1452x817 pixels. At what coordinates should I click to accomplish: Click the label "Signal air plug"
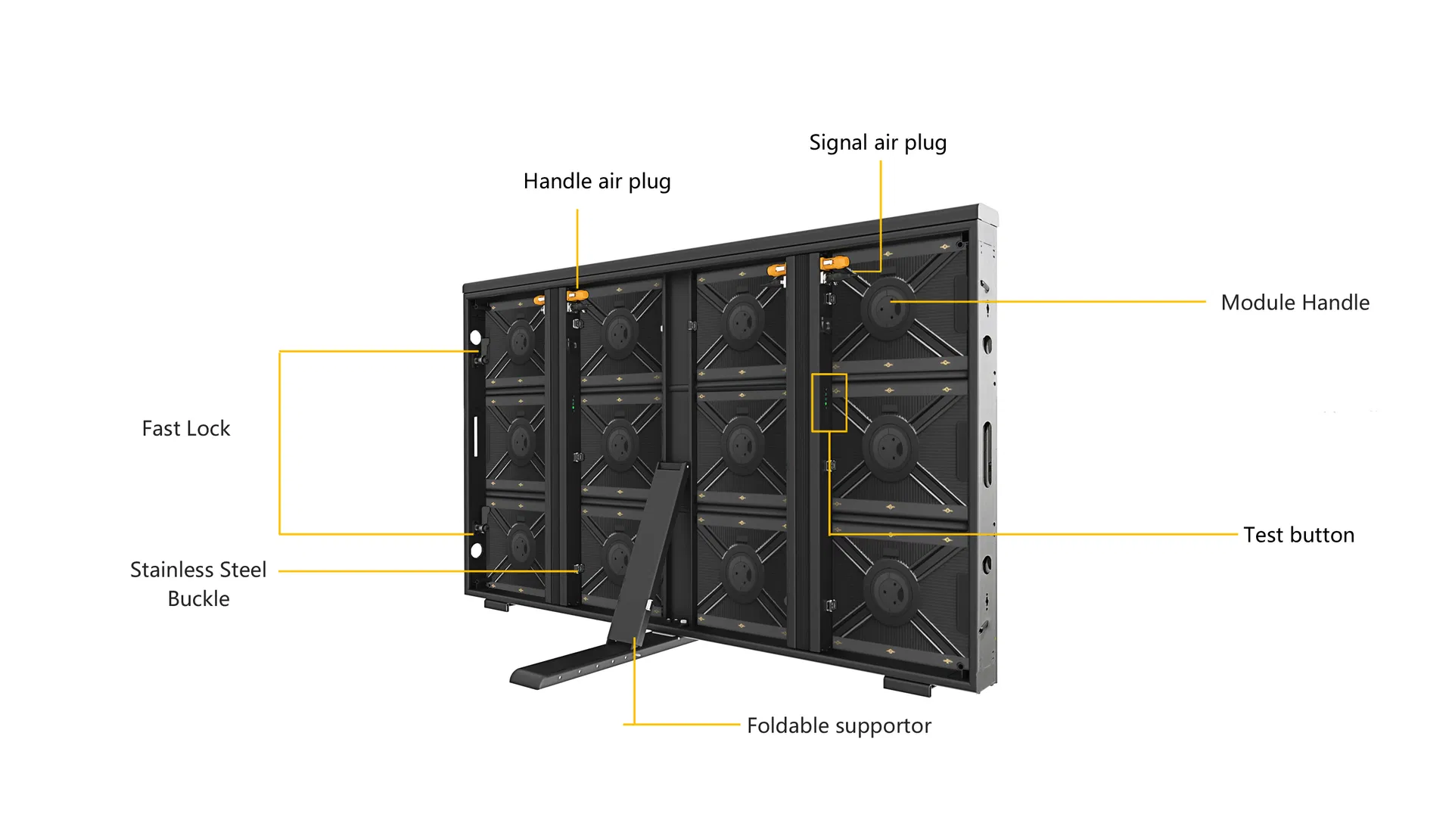pyautogui.click(x=878, y=143)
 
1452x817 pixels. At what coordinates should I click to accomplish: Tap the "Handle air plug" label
pyautogui.click(x=597, y=182)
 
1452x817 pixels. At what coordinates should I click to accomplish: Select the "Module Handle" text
pyautogui.click(x=1295, y=303)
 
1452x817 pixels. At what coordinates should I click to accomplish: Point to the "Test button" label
pyautogui.click(x=1298, y=535)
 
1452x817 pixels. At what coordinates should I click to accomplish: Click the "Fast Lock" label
pyautogui.click(x=186, y=428)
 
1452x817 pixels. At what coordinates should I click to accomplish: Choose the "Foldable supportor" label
pyautogui.click(x=839, y=726)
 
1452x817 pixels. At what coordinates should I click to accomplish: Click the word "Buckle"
pyautogui.click(x=198, y=598)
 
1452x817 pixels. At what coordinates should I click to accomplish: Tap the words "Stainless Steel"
pyautogui.click(x=198, y=570)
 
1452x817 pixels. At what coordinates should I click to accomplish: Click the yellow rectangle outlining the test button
pyautogui.click(x=829, y=402)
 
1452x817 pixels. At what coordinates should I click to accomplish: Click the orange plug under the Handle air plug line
pyautogui.click(x=577, y=296)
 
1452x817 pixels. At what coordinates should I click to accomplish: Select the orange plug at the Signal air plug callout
pyautogui.click(x=835, y=263)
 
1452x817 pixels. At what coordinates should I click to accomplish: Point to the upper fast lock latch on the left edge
pyautogui.click(x=480, y=353)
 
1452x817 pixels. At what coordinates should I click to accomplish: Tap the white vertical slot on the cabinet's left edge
pyautogui.click(x=475, y=436)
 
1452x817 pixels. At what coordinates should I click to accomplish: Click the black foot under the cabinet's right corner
pyautogui.click(x=908, y=686)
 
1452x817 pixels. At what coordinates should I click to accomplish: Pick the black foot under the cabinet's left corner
pyautogui.click(x=498, y=605)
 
